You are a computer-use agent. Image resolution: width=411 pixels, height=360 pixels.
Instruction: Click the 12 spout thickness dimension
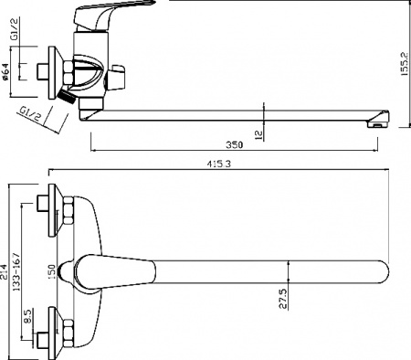point(258,133)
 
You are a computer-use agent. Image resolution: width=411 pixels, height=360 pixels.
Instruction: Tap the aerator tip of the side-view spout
point(378,120)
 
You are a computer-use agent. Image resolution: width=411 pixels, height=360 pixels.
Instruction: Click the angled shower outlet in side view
point(67,94)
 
